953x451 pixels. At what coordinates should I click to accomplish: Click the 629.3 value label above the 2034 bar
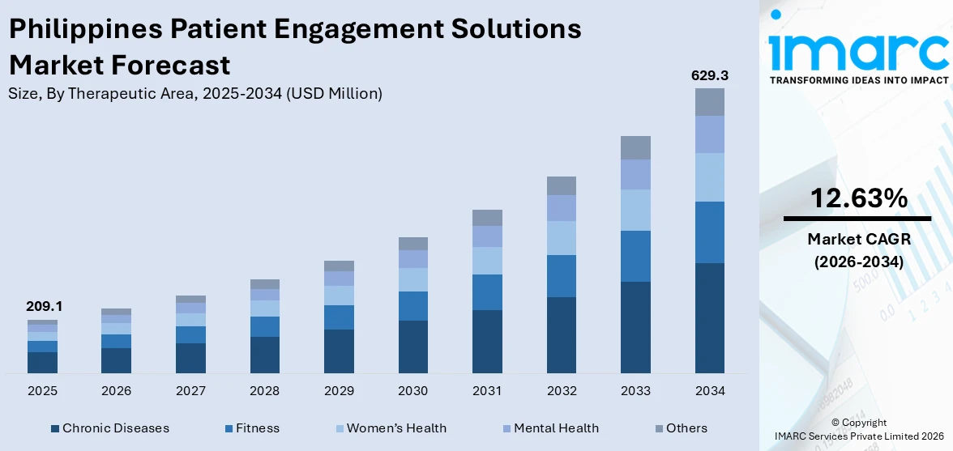coord(709,75)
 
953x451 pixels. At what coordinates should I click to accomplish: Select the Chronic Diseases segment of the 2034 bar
coord(709,317)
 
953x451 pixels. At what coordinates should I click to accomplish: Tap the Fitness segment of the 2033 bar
coord(635,256)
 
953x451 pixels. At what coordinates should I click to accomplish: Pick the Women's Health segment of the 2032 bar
coord(561,238)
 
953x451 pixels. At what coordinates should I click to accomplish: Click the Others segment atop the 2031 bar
coord(487,217)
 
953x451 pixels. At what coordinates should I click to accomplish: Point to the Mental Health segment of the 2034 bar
coord(709,134)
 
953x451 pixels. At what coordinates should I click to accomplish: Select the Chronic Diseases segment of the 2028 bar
coord(265,355)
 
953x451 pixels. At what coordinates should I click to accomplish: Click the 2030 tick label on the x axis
coord(412,391)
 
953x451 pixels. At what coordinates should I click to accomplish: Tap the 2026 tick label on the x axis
coord(116,391)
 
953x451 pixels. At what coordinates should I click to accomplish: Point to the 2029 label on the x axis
coord(339,391)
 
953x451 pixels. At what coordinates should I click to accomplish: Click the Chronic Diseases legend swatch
coord(54,428)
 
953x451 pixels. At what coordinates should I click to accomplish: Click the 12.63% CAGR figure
coord(857,198)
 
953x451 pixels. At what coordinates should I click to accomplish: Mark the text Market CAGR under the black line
coord(857,239)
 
